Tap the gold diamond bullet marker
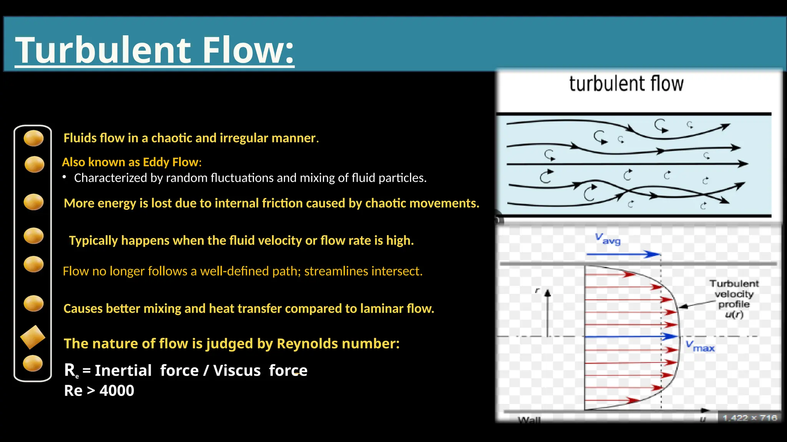[x=33, y=337]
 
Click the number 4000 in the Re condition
[x=117, y=391]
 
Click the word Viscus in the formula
[x=237, y=371]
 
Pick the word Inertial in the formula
[x=123, y=371]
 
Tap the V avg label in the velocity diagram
[x=608, y=239]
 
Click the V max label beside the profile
[x=700, y=346]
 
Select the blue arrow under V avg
[x=623, y=254]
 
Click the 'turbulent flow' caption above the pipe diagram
[x=626, y=84]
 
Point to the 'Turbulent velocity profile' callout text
[x=734, y=299]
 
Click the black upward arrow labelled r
[x=548, y=313]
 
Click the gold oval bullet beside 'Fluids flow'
[x=33, y=138]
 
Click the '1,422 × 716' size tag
[x=749, y=418]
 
